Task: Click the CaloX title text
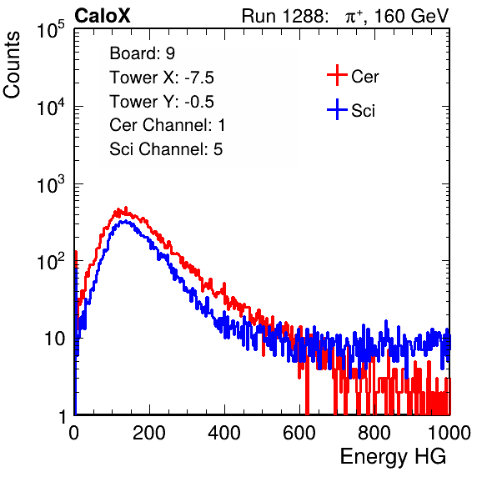(x=102, y=16)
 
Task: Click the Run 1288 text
(x=283, y=16)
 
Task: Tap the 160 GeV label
(x=411, y=16)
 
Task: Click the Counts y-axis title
(x=12, y=65)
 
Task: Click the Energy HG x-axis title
(x=393, y=457)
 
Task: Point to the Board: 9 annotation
(x=142, y=53)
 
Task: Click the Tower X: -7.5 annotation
(x=162, y=78)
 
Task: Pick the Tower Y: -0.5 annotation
(x=162, y=102)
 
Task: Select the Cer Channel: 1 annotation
(x=167, y=125)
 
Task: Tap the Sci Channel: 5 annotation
(x=166, y=149)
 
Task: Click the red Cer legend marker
(x=337, y=75)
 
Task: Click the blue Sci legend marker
(x=337, y=110)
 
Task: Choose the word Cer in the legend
(x=364, y=77)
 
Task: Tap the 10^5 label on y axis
(x=51, y=29)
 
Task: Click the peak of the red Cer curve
(x=126, y=208)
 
